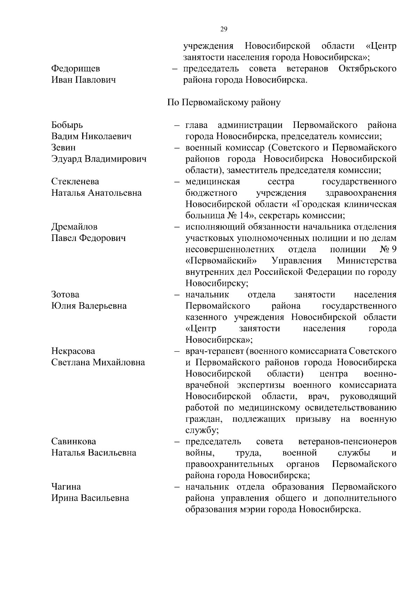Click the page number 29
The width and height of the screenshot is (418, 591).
point(224,30)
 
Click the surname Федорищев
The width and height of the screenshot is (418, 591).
point(76,69)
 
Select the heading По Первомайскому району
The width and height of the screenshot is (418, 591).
point(224,103)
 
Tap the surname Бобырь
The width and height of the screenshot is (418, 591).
point(67,125)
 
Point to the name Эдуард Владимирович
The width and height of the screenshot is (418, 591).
point(99,159)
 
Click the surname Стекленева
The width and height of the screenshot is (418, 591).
point(75,182)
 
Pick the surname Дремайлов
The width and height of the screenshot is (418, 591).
point(75,227)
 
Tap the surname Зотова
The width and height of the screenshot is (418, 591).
point(65,295)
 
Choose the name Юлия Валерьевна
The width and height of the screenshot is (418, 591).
point(89,306)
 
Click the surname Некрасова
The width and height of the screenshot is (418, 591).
point(73,351)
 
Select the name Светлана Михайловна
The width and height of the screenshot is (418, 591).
point(98,363)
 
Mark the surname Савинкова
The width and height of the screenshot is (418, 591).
point(73,442)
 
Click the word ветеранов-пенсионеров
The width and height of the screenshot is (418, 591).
point(347,442)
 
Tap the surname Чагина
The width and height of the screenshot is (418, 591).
point(66,487)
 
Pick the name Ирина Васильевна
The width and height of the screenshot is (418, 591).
point(90,498)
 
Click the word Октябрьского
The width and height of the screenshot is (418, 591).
point(367,69)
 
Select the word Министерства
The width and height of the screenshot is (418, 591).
point(366,261)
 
